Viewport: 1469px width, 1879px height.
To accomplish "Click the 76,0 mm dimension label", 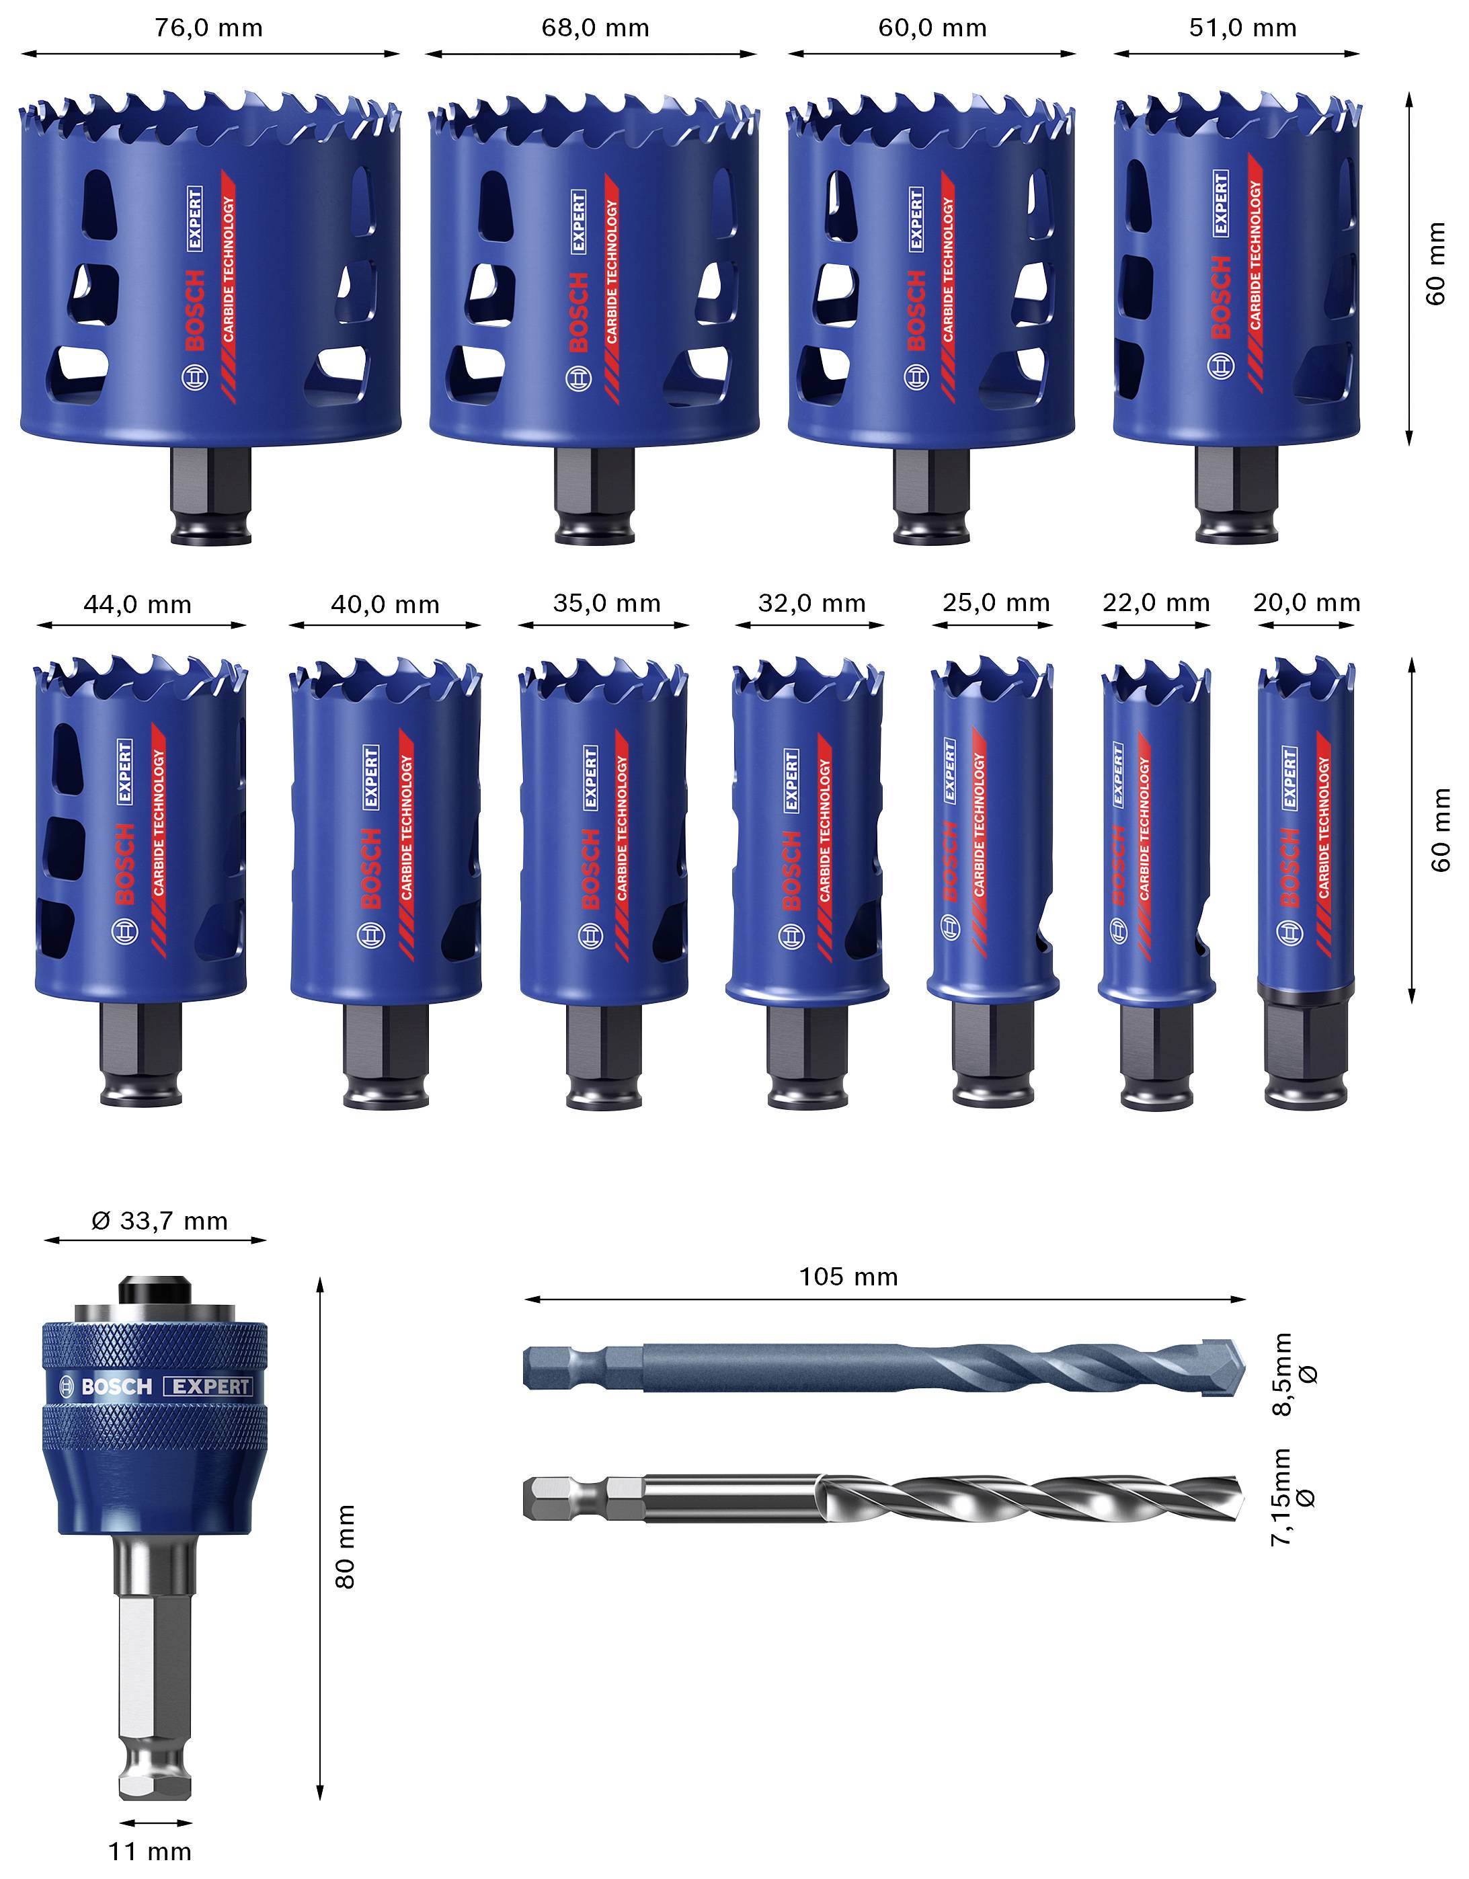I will click(209, 28).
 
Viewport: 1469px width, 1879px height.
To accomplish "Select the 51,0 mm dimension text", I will click(1242, 28).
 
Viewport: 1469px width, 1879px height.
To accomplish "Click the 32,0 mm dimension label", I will click(811, 603).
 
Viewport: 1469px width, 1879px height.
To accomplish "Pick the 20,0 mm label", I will click(1306, 602).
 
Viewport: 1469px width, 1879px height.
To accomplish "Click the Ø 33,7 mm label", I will click(160, 1221).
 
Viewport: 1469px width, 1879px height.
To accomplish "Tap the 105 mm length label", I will click(848, 1277).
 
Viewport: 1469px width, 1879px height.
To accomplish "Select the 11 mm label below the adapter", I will click(150, 1851).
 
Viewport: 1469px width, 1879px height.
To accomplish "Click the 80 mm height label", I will click(345, 1546).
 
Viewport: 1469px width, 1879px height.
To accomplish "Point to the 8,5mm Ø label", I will click(1295, 1375).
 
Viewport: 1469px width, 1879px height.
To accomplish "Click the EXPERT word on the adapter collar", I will click(212, 1387).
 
